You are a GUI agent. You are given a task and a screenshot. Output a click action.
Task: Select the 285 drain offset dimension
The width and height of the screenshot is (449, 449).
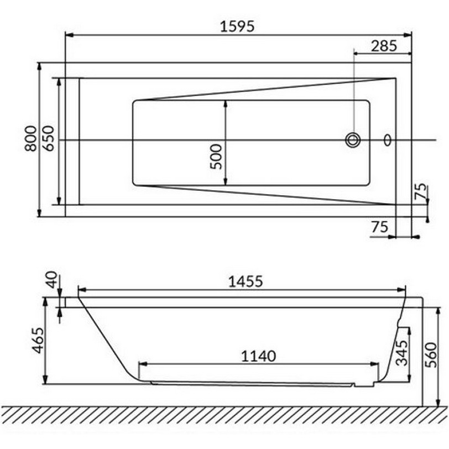coord(383,46)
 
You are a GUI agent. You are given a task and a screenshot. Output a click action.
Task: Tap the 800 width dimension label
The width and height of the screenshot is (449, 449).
coord(32,139)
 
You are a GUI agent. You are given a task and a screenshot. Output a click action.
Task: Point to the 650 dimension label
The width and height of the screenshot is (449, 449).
coord(49,139)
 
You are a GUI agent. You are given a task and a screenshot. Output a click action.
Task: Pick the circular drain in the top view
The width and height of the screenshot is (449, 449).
coord(353,140)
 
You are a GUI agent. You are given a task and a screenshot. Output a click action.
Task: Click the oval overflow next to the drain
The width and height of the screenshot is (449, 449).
coord(388,140)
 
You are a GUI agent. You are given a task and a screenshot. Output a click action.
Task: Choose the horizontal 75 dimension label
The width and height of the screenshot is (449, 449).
coord(380,227)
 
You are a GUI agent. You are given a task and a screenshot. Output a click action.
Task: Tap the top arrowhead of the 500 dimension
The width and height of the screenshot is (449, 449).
coord(226,103)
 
